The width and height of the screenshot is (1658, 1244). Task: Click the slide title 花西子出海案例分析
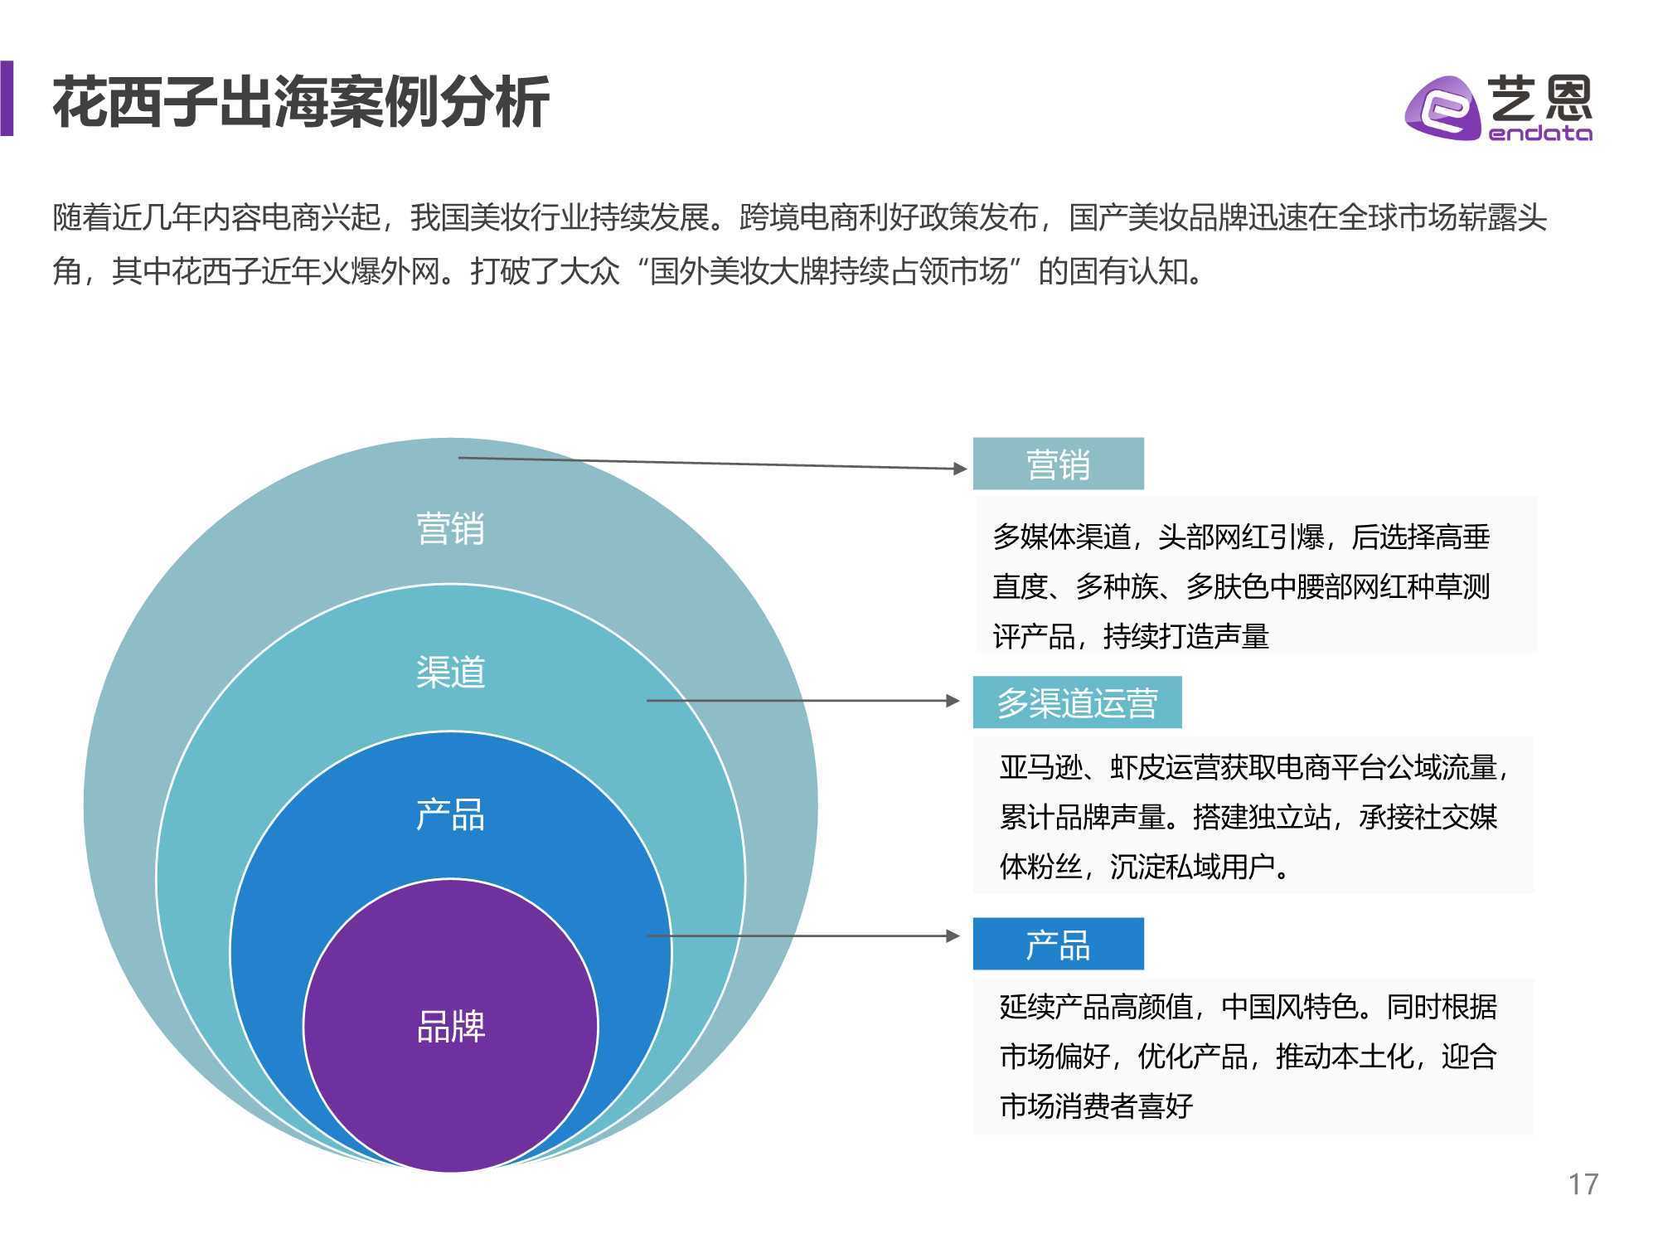point(301,102)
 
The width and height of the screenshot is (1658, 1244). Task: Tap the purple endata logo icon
point(1442,109)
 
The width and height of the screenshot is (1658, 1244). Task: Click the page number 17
point(1583,1183)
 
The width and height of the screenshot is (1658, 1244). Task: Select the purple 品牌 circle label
point(450,1027)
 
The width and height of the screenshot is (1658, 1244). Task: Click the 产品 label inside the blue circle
point(450,814)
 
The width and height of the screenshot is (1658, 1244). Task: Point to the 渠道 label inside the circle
point(450,672)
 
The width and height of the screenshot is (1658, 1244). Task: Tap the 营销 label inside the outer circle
point(450,528)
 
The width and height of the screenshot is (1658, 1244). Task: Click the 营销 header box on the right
point(1058,464)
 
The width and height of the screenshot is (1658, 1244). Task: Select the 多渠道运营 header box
point(1077,702)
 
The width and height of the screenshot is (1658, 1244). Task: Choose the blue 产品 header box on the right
point(1058,944)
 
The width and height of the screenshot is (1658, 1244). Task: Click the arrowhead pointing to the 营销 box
point(960,469)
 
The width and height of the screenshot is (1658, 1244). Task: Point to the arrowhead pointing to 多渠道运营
point(953,701)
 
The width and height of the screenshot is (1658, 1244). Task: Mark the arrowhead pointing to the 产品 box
point(953,936)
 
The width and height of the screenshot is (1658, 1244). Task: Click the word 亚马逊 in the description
point(1041,767)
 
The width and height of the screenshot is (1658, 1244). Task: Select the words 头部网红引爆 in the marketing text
point(1241,537)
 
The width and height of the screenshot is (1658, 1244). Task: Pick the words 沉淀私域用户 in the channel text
point(1192,867)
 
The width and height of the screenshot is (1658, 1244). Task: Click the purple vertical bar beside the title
point(7,98)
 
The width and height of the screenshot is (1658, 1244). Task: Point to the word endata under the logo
point(1540,133)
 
